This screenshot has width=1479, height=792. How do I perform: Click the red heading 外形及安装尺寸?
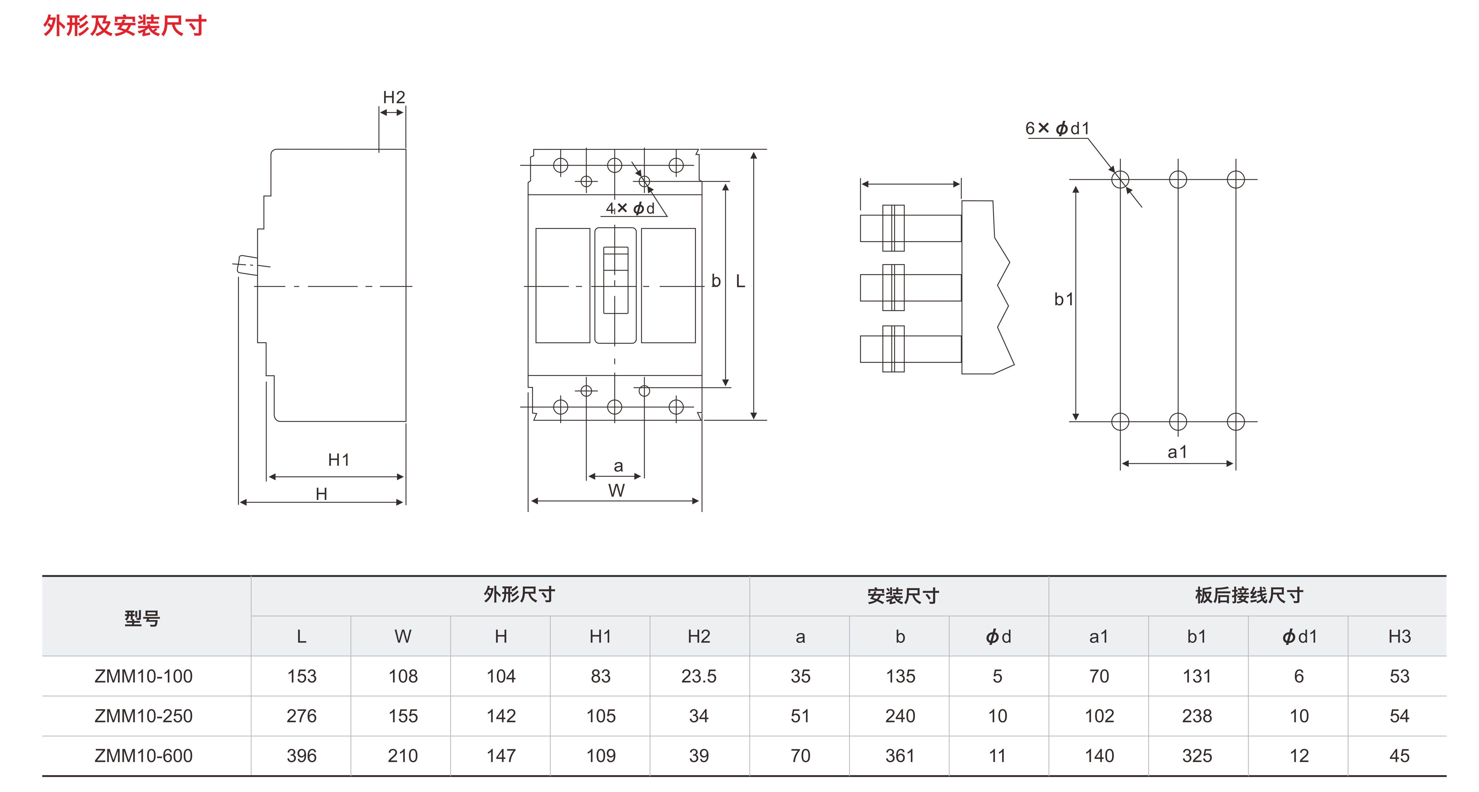coord(125,26)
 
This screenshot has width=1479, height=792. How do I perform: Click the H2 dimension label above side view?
coord(394,98)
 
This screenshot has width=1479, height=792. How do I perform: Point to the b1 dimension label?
coord(1063,299)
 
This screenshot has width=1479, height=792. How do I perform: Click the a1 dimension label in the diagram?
coord(1177,452)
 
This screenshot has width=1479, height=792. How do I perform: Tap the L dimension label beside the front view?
coord(741,281)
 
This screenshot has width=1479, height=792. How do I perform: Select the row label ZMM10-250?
coord(144,716)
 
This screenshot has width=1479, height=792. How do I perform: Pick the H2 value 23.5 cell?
coord(699,676)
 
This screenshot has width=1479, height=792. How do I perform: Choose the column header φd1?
coord(1299,637)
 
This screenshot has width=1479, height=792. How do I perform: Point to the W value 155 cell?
coord(403,716)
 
